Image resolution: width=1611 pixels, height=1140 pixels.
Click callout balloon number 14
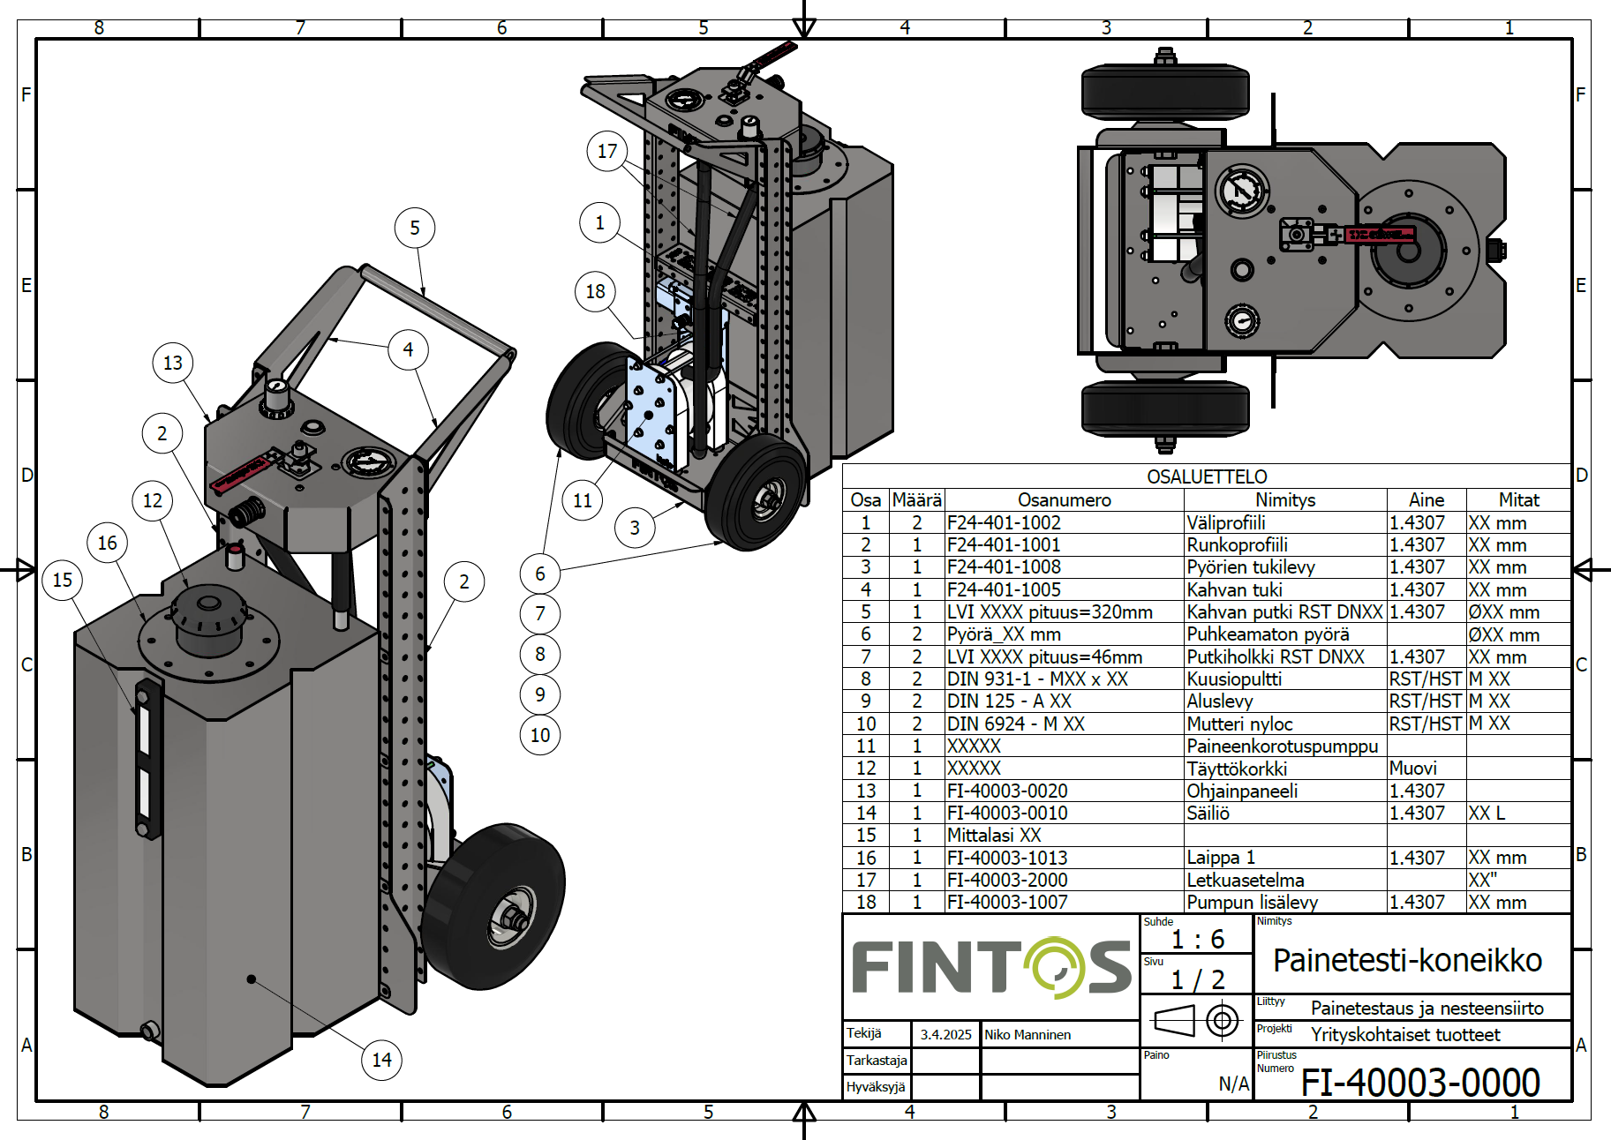click(x=381, y=1060)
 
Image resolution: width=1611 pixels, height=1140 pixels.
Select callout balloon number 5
click(x=415, y=229)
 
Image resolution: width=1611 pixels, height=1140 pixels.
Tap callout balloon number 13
click(x=173, y=363)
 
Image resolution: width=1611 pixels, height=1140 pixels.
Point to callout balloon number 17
click(x=607, y=151)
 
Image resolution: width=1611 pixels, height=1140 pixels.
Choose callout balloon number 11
click(x=583, y=501)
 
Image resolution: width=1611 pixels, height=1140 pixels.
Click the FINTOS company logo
click(x=991, y=967)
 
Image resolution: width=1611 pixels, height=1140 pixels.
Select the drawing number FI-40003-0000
click(x=1419, y=1083)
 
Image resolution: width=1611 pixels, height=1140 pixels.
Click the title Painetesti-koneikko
click(x=1407, y=960)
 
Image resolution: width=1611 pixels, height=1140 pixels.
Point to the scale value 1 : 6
click(x=1198, y=939)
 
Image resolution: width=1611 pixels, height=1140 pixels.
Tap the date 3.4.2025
click(x=945, y=1034)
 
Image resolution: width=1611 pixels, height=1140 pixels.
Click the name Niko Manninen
click(x=1028, y=1034)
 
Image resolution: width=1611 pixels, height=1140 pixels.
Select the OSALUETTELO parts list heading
click(x=1207, y=476)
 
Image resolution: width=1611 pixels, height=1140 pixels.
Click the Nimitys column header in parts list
click(x=1285, y=500)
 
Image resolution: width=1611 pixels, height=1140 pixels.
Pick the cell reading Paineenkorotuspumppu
click(x=1282, y=746)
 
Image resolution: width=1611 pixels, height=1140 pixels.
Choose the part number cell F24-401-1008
click(x=1004, y=567)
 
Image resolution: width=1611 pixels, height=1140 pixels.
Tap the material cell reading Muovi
click(x=1412, y=769)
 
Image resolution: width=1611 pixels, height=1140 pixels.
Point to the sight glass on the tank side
click(x=146, y=757)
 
